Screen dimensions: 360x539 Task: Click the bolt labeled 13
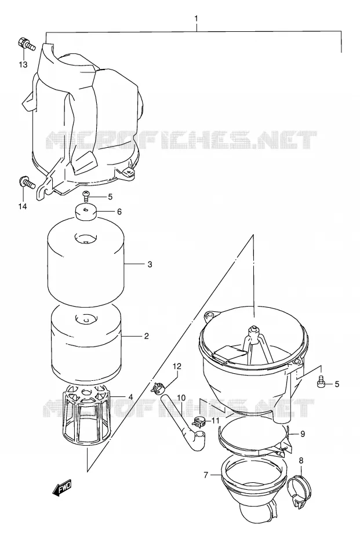[26, 43]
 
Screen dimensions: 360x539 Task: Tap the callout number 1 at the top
[197, 19]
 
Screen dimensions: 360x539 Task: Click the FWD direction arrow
[62, 487]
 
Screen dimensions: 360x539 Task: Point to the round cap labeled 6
[86, 212]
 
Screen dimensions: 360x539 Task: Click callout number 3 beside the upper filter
[150, 264]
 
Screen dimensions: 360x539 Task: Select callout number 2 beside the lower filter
[147, 336]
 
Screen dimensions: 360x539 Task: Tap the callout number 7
[206, 475]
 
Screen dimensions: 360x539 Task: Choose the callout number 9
[303, 434]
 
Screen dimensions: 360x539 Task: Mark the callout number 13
[23, 64]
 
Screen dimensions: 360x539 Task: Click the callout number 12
[177, 366]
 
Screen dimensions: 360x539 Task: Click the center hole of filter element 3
[86, 238]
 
